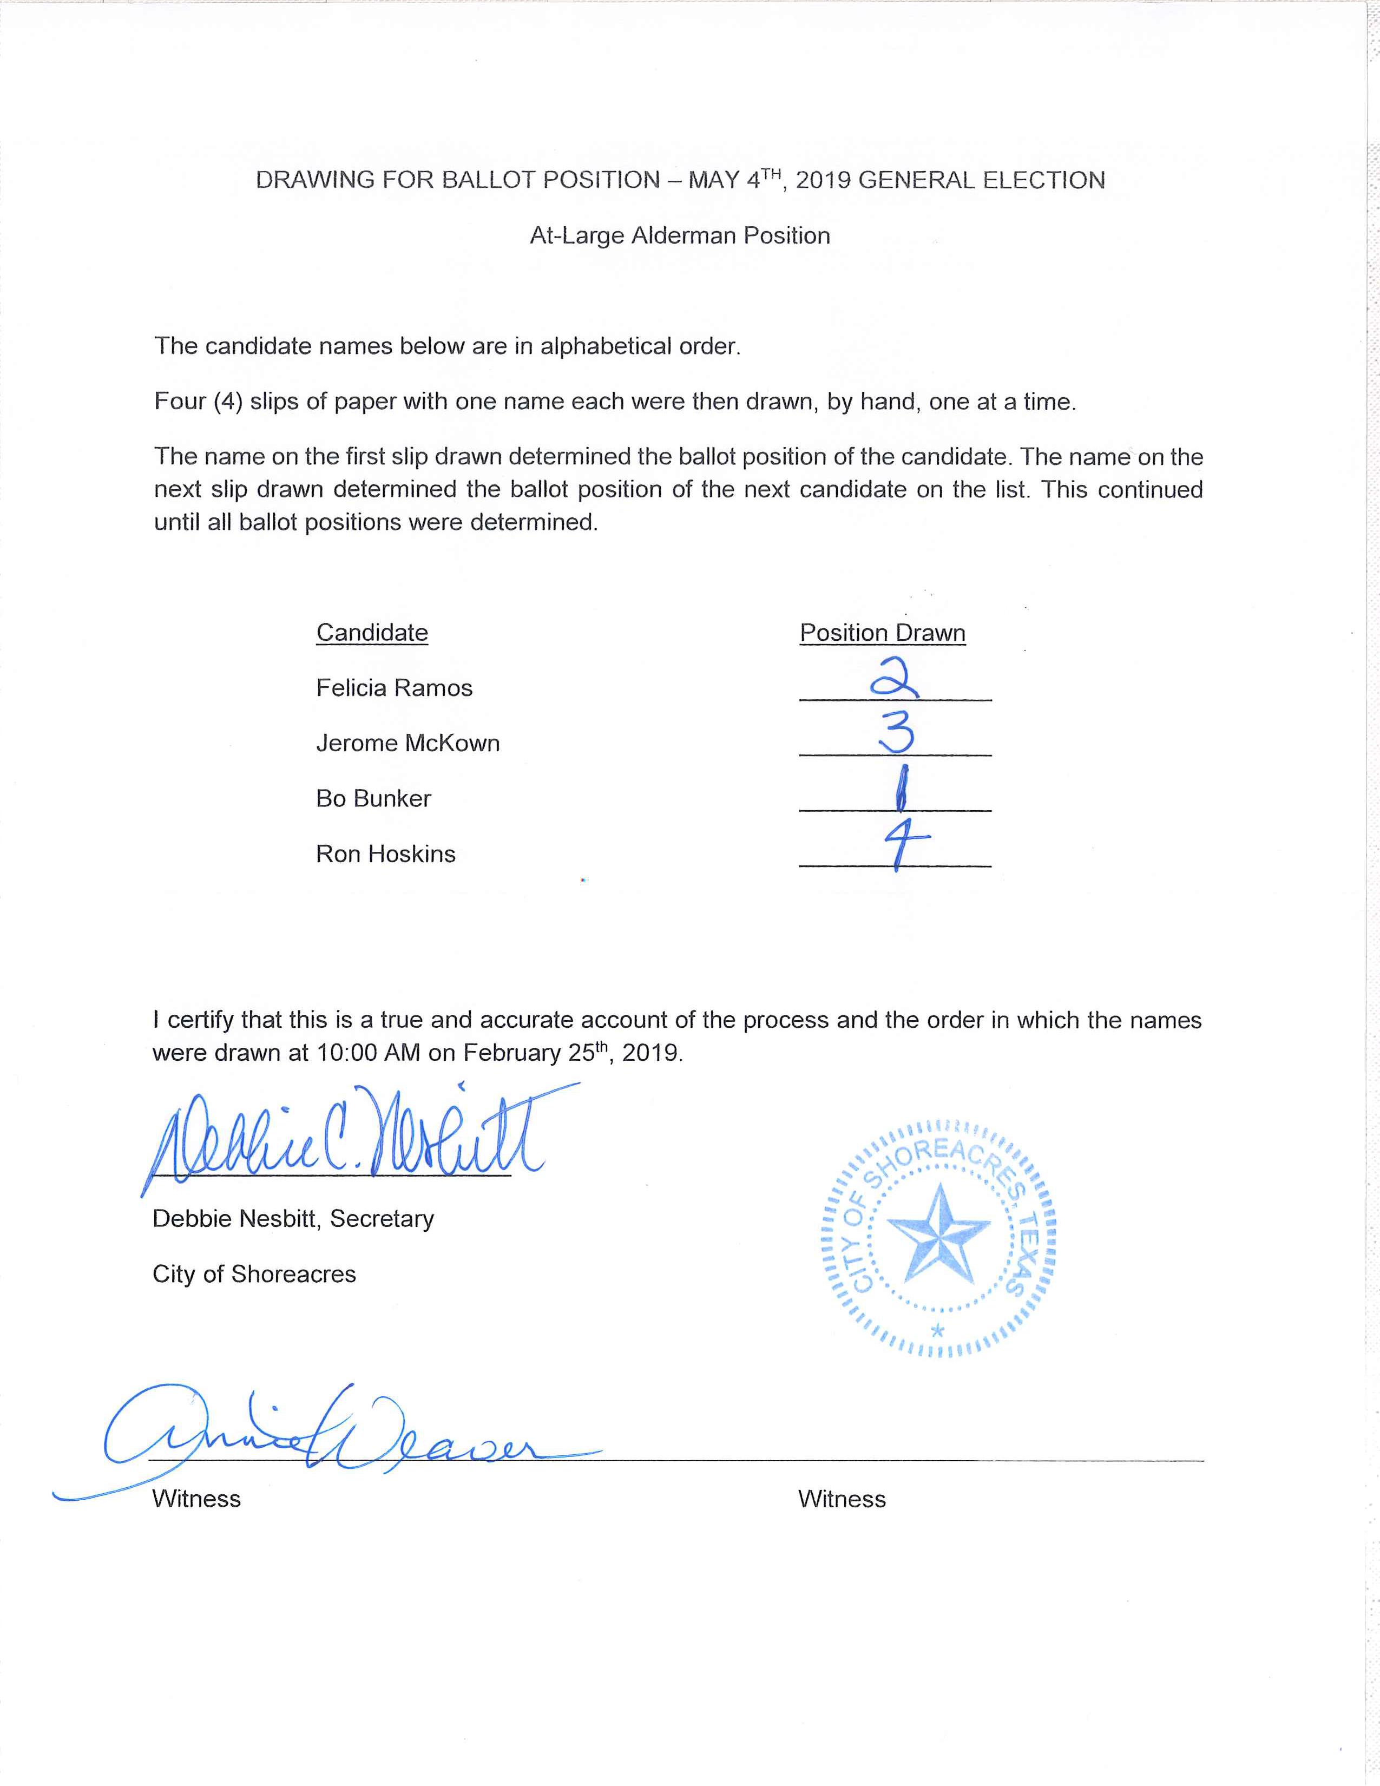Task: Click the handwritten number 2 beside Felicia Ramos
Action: [895, 680]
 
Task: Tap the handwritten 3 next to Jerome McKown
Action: [897, 733]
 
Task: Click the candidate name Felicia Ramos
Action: [394, 688]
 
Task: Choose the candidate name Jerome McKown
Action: [408, 743]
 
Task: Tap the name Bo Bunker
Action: [373, 798]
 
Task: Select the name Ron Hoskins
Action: [386, 853]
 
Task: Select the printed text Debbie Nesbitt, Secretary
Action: [293, 1218]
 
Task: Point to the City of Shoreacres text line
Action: [254, 1274]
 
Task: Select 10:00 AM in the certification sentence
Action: [368, 1053]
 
